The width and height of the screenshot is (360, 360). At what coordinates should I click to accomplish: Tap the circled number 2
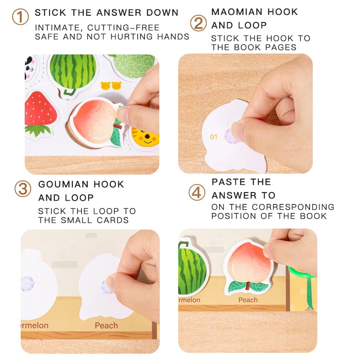coord(198,23)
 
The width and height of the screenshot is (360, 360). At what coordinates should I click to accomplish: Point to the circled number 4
coord(197,193)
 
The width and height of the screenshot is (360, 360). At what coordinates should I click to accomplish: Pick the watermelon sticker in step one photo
coord(72,72)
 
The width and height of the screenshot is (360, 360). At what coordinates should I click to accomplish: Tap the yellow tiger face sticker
coord(145,136)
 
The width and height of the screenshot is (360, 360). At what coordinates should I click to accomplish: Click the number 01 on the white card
coord(214,136)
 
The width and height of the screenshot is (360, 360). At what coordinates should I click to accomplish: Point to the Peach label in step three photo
coord(106,325)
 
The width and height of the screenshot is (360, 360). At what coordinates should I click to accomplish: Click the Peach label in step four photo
coord(248,300)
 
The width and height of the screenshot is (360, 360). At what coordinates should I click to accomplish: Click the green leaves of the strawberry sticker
coord(38,130)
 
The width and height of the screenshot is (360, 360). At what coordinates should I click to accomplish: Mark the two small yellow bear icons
coord(111,85)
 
